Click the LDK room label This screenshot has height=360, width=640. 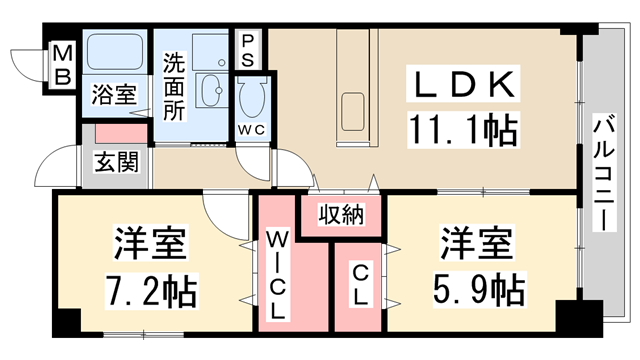(x=463, y=84)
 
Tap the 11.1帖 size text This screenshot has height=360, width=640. (x=463, y=130)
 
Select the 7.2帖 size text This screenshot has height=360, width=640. (x=151, y=291)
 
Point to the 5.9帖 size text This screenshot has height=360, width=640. (x=478, y=291)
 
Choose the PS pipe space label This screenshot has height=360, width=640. (x=248, y=51)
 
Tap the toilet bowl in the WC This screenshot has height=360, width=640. (x=253, y=98)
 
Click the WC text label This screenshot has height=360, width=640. (x=252, y=130)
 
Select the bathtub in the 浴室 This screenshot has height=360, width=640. (x=115, y=52)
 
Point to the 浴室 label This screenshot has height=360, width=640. (x=114, y=94)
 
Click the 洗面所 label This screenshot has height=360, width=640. (x=174, y=86)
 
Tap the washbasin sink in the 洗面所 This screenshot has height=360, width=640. (x=210, y=90)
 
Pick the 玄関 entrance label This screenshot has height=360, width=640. (x=117, y=162)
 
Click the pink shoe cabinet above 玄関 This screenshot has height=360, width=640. (x=121, y=134)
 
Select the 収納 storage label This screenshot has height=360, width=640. (x=341, y=214)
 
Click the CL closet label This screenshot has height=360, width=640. (x=360, y=285)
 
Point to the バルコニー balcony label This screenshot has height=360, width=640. (x=604, y=173)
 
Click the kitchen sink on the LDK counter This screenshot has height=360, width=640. (x=353, y=112)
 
